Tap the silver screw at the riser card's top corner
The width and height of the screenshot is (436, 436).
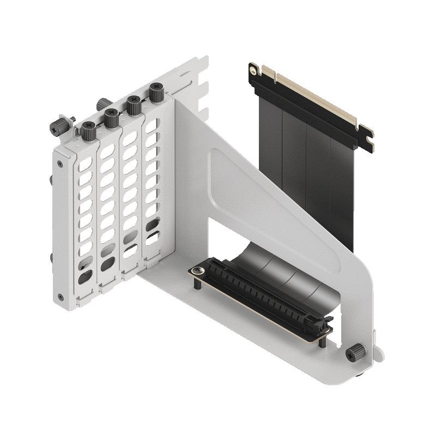252,70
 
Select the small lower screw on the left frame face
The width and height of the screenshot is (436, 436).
60,297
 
